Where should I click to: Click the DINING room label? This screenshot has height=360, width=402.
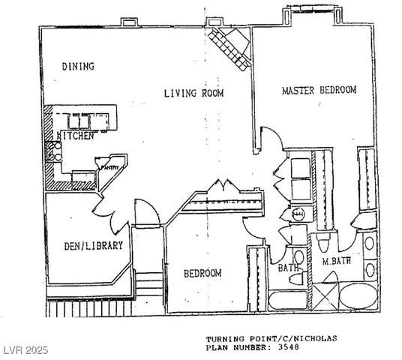pos(77,67)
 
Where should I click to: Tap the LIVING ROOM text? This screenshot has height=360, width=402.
pos(194,93)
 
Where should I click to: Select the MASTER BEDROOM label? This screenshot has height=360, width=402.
pos(319,90)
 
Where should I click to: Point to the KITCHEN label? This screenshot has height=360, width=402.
pos(76,137)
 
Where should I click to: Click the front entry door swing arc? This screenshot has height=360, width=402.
pos(147,212)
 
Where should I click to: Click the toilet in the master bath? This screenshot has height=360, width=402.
pos(323,244)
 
